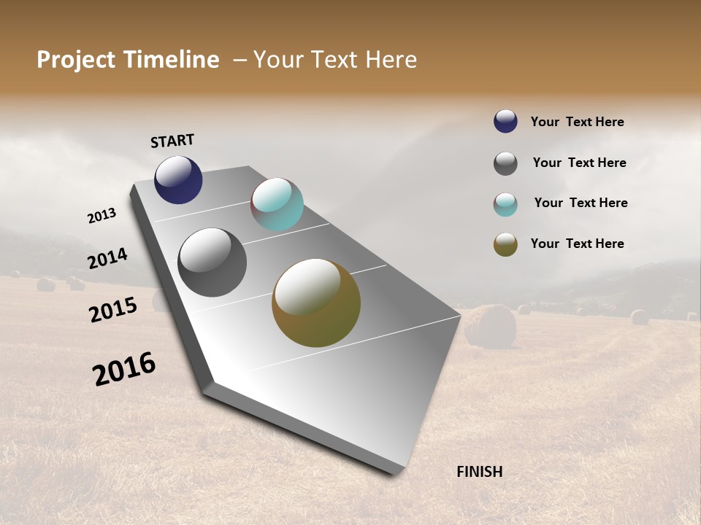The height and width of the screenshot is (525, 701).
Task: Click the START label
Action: [172, 141]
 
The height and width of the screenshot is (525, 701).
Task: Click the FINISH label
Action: [479, 472]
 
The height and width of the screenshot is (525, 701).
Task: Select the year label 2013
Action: [102, 216]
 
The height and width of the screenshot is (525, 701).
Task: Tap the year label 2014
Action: [108, 258]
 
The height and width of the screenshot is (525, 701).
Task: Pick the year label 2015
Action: [113, 310]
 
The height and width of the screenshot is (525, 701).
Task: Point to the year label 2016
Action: [124, 369]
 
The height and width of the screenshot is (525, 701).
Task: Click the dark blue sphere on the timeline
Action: [178, 179]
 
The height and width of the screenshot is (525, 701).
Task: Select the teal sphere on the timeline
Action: [277, 204]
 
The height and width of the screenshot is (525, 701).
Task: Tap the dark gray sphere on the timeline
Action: [212, 262]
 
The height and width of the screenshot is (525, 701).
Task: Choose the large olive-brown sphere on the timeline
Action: [316, 303]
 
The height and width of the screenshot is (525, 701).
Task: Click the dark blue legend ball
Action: [505, 122]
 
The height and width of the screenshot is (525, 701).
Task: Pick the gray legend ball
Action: [505, 163]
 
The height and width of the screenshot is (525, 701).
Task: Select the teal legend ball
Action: [505, 204]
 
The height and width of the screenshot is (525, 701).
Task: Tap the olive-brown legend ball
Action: [505, 244]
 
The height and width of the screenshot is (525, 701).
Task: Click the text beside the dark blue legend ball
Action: [577, 122]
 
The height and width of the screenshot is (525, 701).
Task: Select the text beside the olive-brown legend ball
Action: [577, 244]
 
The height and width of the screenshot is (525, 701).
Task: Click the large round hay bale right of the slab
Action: [490, 325]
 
